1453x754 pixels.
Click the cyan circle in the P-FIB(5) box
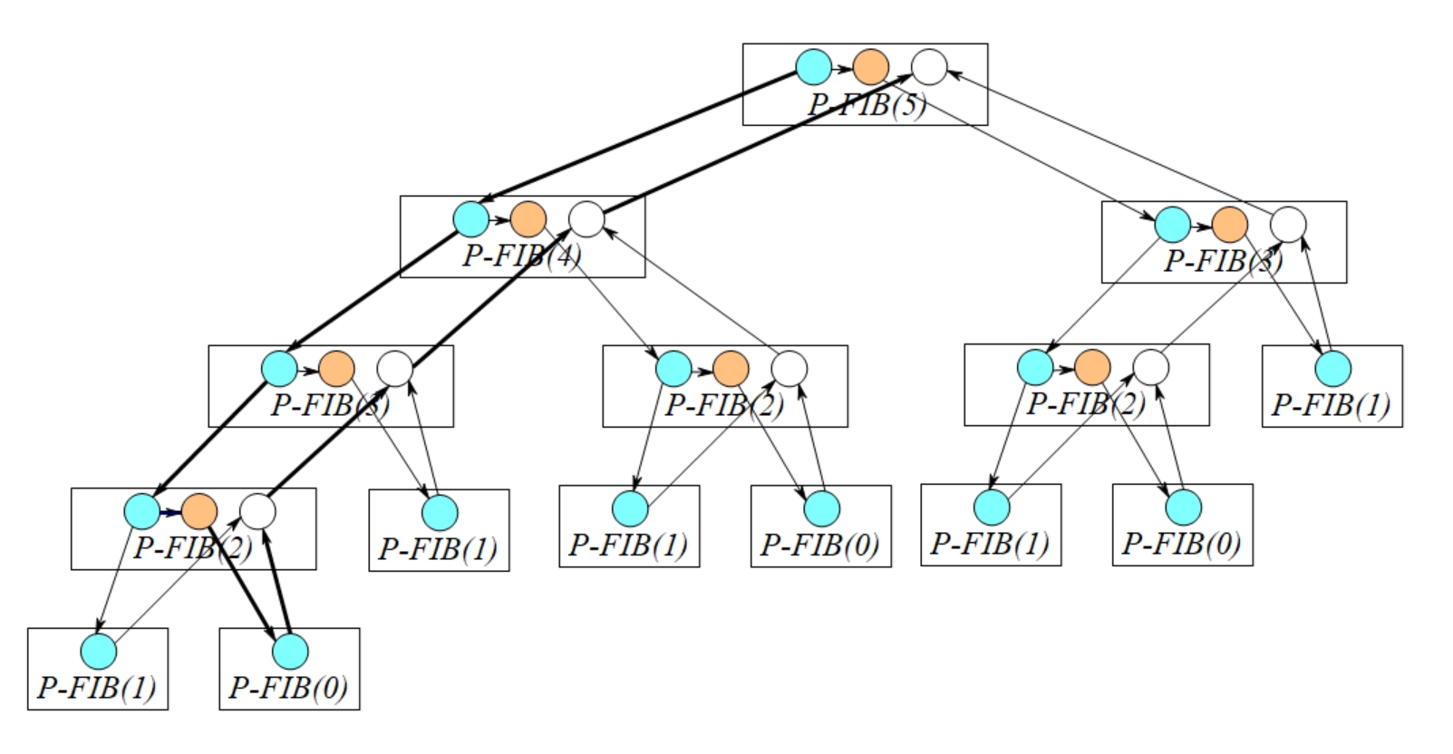pyautogui.click(x=814, y=66)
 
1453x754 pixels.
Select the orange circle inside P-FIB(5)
pyautogui.click(x=871, y=66)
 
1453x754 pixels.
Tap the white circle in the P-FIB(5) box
pyautogui.click(x=929, y=66)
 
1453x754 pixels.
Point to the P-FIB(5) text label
pyautogui.click(x=867, y=105)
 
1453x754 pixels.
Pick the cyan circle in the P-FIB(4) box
pyautogui.click(x=471, y=219)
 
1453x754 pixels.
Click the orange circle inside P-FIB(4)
pyautogui.click(x=528, y=219)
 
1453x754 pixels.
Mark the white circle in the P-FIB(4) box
pyautogui.click(x=586, y=219)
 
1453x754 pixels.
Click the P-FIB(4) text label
pyautogui.click(x=522, y=256)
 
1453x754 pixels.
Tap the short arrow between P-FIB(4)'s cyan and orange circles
pyautogui.click(x=499, y=219)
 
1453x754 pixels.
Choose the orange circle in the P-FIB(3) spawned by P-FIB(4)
pyautogui.click(x=336, y=369)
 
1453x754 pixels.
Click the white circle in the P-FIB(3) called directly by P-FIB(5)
pyautogui.click(x=1288, y=224)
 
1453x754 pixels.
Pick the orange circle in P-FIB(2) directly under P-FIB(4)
pyautogui.click(x=731, y=369)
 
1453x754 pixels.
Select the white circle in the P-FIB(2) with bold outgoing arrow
pyautogui.click(x=257, y=512)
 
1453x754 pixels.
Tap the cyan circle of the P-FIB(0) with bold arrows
pyautogui.click(x=290, y=651)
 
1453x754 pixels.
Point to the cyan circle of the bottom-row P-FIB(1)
pyautogui.click(x=99, y=651)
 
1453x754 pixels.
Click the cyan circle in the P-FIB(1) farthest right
pyautogui.click(x=1332, y=369)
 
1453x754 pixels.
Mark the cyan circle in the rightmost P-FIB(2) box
pyautogui.click(x=1035, y=367)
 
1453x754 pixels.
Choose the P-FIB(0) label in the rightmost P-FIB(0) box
pyautogui.click(x=1182, y=544)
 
